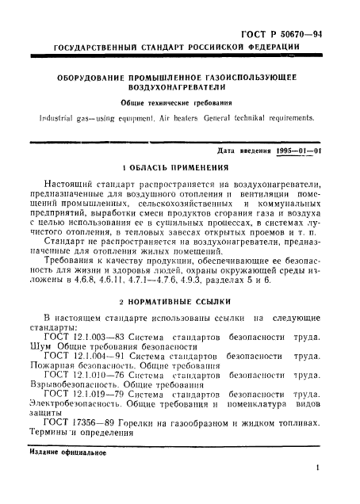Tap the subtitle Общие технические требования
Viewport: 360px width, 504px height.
tap(179, 104)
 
